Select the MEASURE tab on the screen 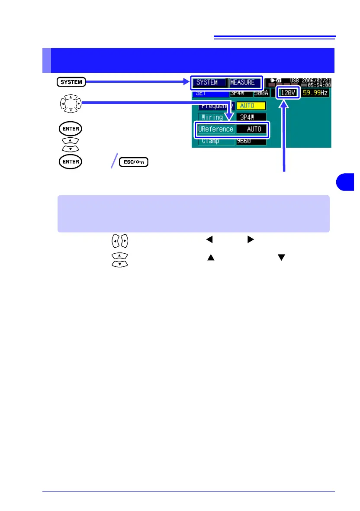tap(245, 82)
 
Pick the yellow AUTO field tap(251, 106)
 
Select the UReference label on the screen tap(215, 129)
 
